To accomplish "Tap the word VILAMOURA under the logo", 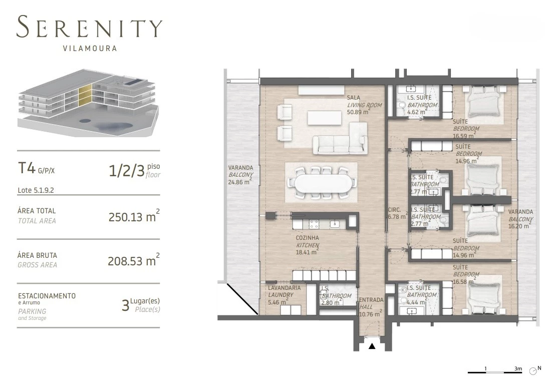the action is pyautogui.click(x=90, y=49).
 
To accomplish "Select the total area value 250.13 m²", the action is pyautogui.click(x=134, y=216).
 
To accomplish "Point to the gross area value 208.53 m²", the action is pyautogui.click(x=134, y=261).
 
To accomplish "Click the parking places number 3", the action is pyautogui.click(x=125, y=305).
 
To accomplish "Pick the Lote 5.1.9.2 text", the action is pyautogui.click(x=36, y=190).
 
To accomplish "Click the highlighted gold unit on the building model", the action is pyautogui.click(x=86, y=96).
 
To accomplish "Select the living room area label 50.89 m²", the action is pyautogui.click(x=359, y=112).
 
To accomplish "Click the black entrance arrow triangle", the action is pyautogui.click(x=372, y=346).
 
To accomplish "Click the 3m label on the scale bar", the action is pyautogui.click(x=518, y=368).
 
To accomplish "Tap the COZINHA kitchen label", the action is pyautogui.click(x=308, y=238).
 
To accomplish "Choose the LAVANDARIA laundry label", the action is pyautogui.click(x=285, y=288).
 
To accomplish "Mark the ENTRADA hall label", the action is pyautogui.click(x=371, y=300).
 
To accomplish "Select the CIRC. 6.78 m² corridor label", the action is pyautogui.click(x=398, y=213).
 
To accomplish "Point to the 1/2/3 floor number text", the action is pyautogui.click(x=127, y=171).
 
